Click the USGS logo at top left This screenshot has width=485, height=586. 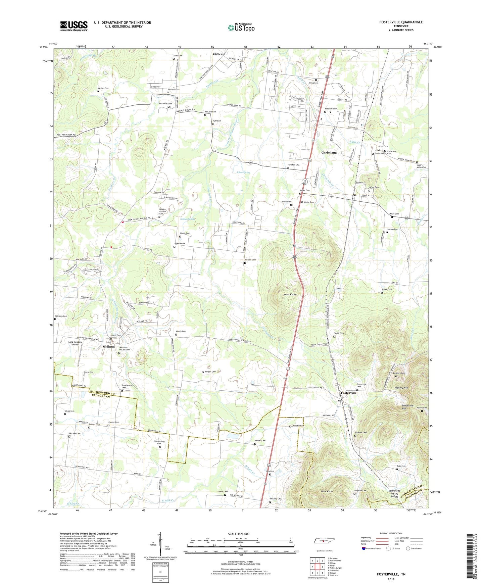click(74, 26)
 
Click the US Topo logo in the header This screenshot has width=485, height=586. click(241, 28)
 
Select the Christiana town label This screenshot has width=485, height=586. click(329, 152)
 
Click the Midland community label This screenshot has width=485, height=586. click(108, 346)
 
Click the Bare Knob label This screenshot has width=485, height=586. click(327, 491)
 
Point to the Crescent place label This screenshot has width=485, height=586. click(219, 54)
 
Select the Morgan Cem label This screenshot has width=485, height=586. click(210, 372)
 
